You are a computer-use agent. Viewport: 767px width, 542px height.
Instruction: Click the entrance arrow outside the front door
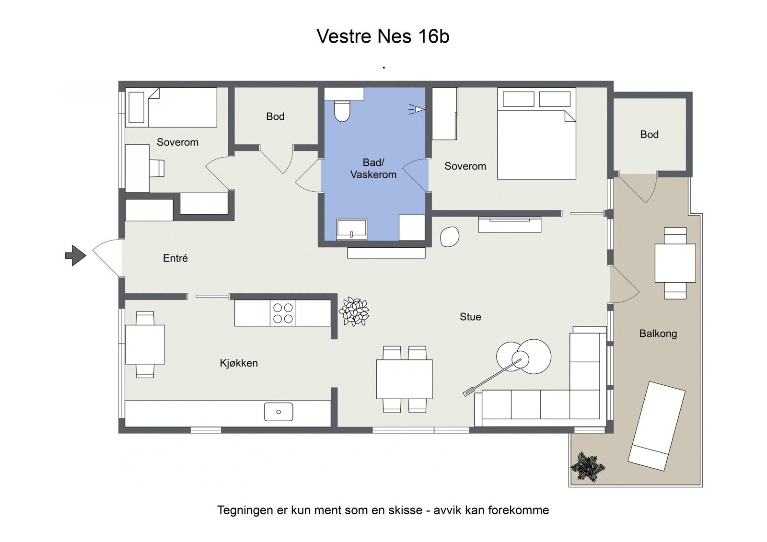(x=75, y=255)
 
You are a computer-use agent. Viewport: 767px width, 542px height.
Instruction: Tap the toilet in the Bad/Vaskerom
(x=342, y=111)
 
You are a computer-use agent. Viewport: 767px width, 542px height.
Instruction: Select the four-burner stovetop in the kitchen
(x=283, y=313)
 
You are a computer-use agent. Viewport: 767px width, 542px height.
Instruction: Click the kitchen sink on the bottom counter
(x=279, y=412)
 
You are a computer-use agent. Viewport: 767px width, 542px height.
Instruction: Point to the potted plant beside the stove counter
(x=354, y=312)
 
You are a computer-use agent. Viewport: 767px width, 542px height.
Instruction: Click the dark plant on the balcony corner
(x=587, y=466)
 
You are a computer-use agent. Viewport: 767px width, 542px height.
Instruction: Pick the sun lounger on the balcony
(x=656, y=426)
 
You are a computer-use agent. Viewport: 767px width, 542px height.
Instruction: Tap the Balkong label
(x=658, y=334)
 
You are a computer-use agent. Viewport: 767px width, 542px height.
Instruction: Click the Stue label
(x=470, y=317)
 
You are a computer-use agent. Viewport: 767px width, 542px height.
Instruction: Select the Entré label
(x=175, y=258)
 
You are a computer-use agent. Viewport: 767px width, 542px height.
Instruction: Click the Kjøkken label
(x=239, y=363)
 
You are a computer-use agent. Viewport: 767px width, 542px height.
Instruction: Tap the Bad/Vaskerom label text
(x=373, y=169)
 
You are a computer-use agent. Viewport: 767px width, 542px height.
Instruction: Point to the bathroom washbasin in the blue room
(x=352, y=230)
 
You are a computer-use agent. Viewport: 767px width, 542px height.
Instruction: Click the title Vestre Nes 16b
(x=383, y=36)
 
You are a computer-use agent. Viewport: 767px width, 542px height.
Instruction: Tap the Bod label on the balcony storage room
(x=649, y=135)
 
